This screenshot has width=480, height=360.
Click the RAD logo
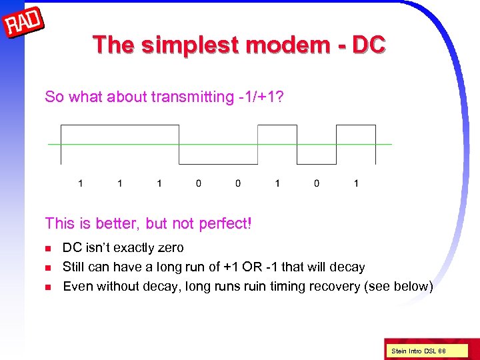click(24, 25)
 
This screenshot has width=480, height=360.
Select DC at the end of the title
click(368, 45)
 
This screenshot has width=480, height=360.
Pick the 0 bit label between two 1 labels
click(317, 183)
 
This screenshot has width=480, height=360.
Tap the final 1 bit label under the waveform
click(356, 183)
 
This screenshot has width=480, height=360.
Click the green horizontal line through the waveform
click(220, 145)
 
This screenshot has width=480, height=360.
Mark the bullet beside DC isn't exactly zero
click(47, 249)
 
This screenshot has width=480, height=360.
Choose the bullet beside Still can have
click(47, 268)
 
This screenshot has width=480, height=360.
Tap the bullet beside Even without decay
click(47, 287)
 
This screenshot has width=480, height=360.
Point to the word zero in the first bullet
click(169, 248)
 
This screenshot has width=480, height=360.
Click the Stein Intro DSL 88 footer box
click(419, 351)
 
